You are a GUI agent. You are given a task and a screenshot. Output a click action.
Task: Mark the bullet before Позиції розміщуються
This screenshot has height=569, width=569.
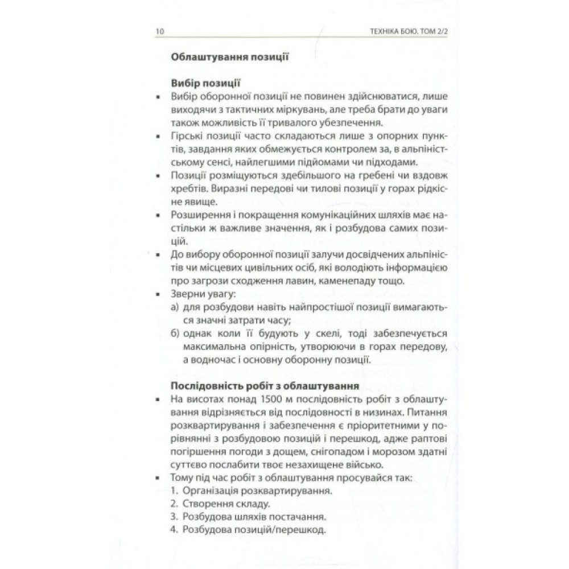(x=157, y=177)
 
